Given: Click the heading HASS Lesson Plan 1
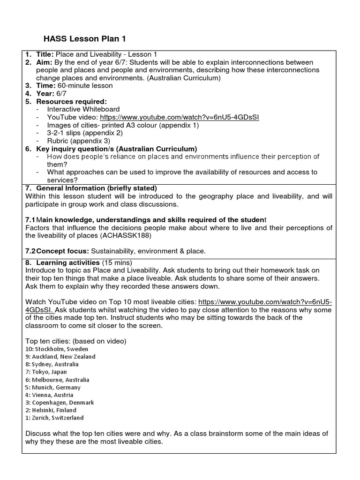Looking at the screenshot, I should (84, 38).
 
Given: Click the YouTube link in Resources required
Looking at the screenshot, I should (179, 117).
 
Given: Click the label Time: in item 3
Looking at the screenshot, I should (45, 86).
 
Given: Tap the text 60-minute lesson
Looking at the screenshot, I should (84, 86).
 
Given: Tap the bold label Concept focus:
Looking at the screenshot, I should (63, 251).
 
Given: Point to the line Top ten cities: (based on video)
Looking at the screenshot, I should (76, 340).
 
